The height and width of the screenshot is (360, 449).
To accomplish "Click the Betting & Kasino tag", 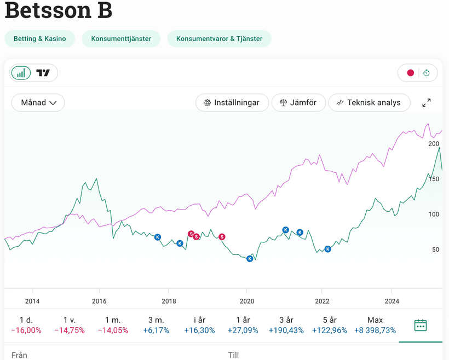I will [40, 39].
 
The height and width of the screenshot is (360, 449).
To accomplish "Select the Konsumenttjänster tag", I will [121, 39].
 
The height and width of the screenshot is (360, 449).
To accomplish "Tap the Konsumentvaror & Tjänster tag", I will [219, 39].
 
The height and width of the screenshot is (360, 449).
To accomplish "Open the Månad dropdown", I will [38, 102].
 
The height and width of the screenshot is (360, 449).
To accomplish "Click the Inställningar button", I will [232, 102].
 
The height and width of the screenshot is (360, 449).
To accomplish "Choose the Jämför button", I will [298, 102].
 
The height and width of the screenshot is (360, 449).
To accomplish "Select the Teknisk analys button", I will [369, 102].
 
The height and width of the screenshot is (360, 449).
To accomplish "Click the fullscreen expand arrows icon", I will [427, 103].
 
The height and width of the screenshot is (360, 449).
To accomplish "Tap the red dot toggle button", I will [410, 73].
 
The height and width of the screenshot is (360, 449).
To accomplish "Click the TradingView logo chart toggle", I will [43, 73].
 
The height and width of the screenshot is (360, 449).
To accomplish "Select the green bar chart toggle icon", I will [21, 73].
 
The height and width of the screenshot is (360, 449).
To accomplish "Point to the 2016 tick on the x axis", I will [99, 301].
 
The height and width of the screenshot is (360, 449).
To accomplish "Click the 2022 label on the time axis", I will [322, 301].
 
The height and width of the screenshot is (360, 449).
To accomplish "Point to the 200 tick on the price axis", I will [434, 144].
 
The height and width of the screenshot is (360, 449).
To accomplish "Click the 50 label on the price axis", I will [435, 249].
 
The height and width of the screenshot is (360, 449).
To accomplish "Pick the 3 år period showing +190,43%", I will [286, 325].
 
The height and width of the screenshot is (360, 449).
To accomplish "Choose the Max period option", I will [375, 325].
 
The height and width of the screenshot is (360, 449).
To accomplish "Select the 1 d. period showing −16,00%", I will [26, 325].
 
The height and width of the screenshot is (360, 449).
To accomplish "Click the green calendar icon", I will [420, 325].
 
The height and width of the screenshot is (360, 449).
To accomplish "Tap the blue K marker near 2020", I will [250, 258].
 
